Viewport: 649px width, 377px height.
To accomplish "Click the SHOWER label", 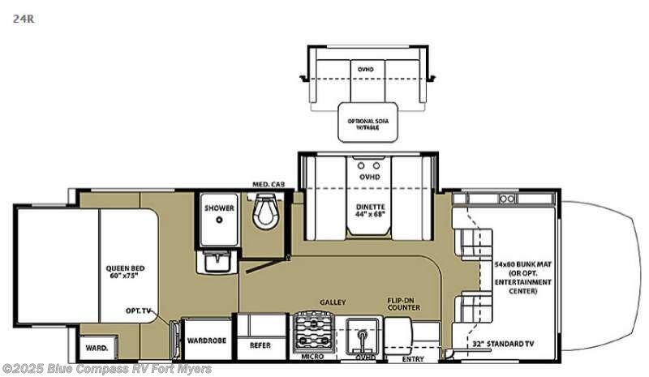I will (219, 208).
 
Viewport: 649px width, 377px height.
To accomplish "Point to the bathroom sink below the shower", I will (217, 261).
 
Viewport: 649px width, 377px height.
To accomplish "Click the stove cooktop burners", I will (311, 330).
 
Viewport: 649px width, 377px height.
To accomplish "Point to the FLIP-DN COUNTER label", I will (403, 305).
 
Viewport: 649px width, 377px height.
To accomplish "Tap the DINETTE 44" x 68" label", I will (370, 211).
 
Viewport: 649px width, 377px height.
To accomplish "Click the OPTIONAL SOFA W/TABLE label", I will (368, 124).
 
